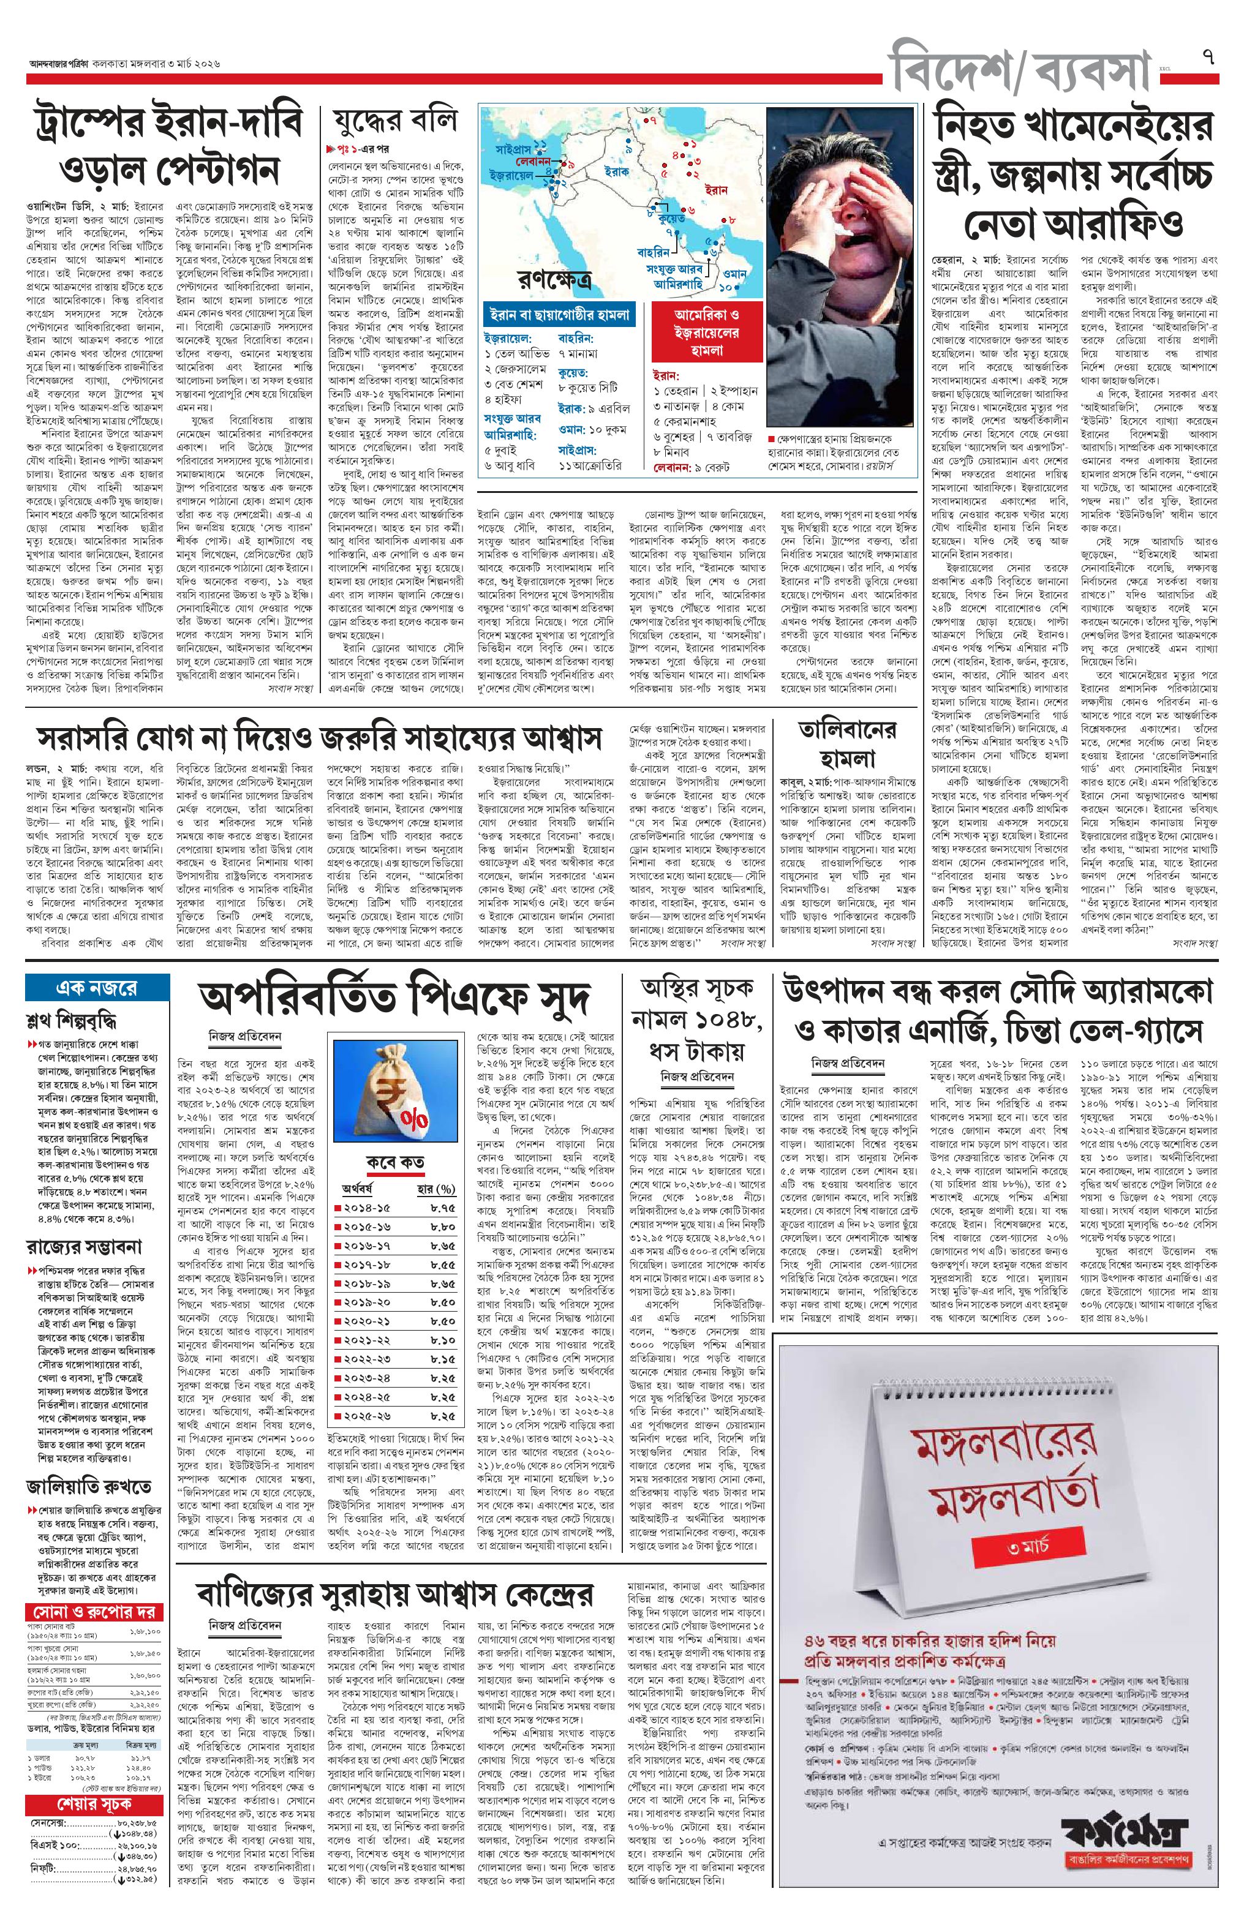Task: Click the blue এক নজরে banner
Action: point(97,988)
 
